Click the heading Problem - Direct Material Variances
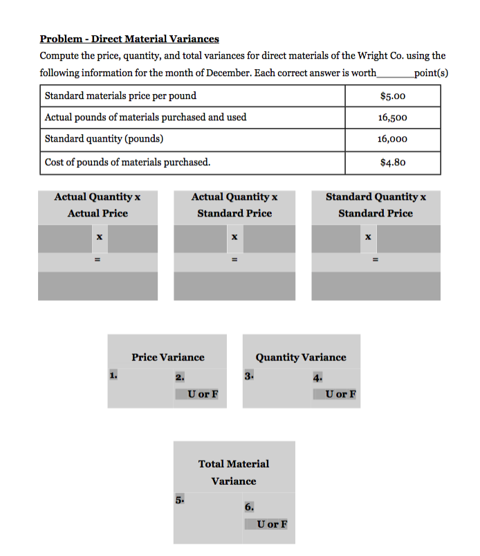point(129,39)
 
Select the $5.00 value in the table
point(392,96)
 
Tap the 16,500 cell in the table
point(392,118)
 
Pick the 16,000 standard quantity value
point(392,139)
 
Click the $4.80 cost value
point(392,163)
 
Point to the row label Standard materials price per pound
point(120,96)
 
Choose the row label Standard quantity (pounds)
point(104,139)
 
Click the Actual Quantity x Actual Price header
point(98,205)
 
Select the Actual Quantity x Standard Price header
point(234,205)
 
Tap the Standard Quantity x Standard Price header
point(376,205)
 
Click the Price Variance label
point(168,358)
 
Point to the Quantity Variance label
point(301,358)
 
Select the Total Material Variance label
point(234,472)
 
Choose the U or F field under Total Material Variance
point(268,523)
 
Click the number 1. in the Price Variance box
point(113,376)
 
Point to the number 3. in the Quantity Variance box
point(249,376)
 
